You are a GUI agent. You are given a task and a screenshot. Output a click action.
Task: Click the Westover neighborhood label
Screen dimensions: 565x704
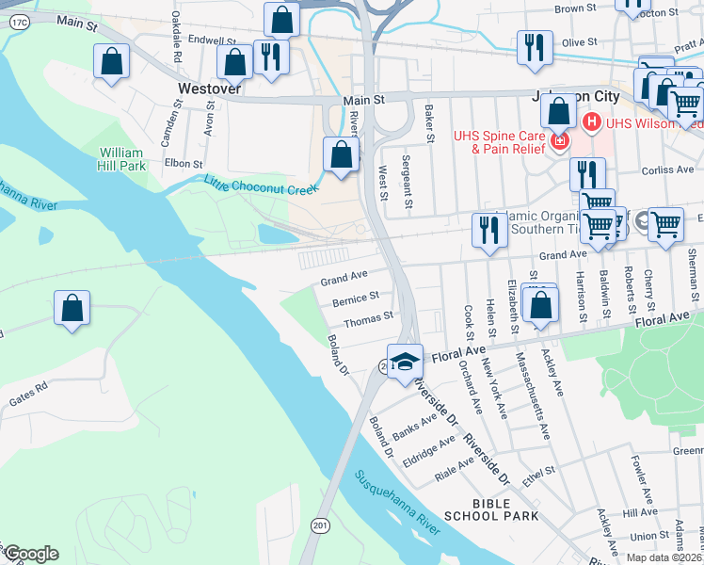coord(210,88)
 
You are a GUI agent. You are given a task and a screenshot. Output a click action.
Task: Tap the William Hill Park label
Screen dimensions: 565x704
coord(122,159)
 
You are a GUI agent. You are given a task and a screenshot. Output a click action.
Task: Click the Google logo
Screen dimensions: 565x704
coord(30,554)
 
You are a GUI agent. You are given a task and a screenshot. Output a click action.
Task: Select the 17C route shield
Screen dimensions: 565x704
coord(20,20)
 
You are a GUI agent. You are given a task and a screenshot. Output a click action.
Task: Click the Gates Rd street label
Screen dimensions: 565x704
coord(28,395)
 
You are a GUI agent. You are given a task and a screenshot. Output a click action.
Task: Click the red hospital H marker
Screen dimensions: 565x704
coord(592,121)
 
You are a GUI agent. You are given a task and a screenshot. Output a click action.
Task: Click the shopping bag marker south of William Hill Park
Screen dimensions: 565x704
coord(72,308)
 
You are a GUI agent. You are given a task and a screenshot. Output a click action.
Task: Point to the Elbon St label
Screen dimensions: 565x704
coord(177,162)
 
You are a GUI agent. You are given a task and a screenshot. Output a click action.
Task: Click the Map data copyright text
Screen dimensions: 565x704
coord(661,557)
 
